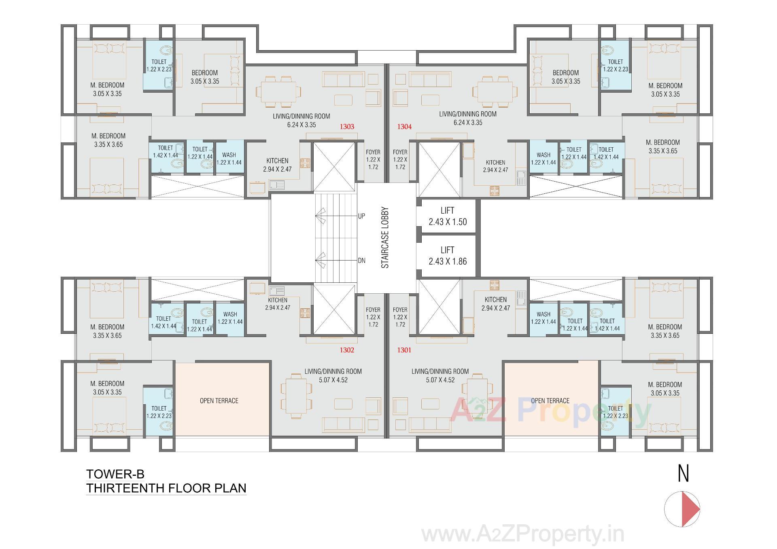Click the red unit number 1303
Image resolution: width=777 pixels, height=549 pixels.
347,127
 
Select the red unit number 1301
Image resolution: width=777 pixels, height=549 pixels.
404,350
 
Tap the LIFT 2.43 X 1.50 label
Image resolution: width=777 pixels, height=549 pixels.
448,216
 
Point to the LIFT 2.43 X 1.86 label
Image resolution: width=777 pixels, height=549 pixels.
448,256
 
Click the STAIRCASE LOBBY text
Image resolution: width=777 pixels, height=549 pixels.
385,238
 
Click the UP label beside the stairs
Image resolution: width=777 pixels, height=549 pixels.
361,216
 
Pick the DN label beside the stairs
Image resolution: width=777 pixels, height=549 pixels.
361,261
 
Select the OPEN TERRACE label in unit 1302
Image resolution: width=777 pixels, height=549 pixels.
219,401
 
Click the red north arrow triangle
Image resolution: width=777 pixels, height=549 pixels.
690,509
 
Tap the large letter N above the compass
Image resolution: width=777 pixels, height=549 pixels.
683,474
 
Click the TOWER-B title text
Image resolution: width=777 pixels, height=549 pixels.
115,474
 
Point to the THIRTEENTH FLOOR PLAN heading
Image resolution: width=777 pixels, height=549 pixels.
166,488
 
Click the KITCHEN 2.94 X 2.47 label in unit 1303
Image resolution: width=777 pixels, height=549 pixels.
277,165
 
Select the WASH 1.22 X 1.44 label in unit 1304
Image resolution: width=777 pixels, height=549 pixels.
543,159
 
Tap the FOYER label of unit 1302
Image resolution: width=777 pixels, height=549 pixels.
373,317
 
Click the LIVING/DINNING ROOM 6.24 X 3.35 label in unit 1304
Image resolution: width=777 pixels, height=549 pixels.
468,118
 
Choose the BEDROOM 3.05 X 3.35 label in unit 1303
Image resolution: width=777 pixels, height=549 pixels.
205,77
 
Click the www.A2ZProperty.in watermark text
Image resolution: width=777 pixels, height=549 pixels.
522,535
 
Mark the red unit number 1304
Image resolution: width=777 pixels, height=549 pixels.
404,127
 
